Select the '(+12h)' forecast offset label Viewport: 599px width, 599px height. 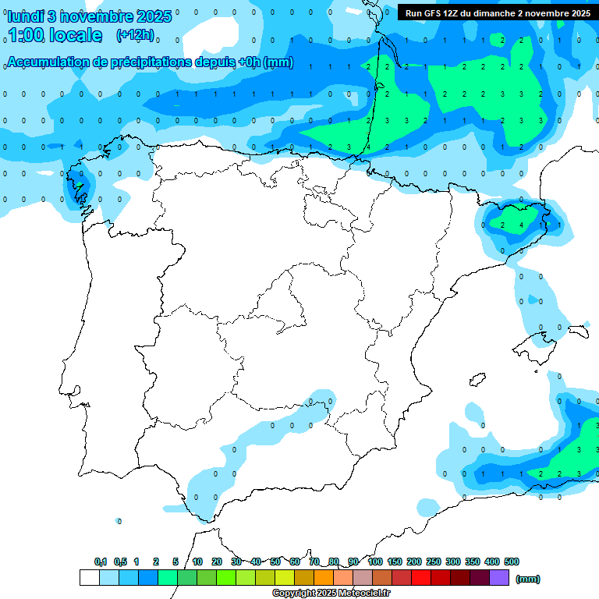coord(135,35)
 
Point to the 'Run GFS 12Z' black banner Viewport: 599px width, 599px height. coord(498,13)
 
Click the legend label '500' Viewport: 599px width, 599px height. coord(512,562)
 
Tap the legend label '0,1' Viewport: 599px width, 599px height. coord(100,562)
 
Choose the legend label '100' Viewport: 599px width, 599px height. coord(374,562)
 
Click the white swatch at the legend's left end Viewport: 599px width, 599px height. coord(90,577)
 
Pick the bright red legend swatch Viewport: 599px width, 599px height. coord(421,577)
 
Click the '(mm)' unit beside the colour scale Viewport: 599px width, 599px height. coord(528,579)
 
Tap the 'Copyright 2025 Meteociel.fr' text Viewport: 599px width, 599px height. coord(331,594)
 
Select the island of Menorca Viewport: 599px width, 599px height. coord(578,331)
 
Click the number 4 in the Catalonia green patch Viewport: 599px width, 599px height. coord(522,225)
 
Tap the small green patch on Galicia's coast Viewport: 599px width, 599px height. coord(79,186)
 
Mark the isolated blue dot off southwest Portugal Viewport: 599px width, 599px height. coord(119,520)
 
